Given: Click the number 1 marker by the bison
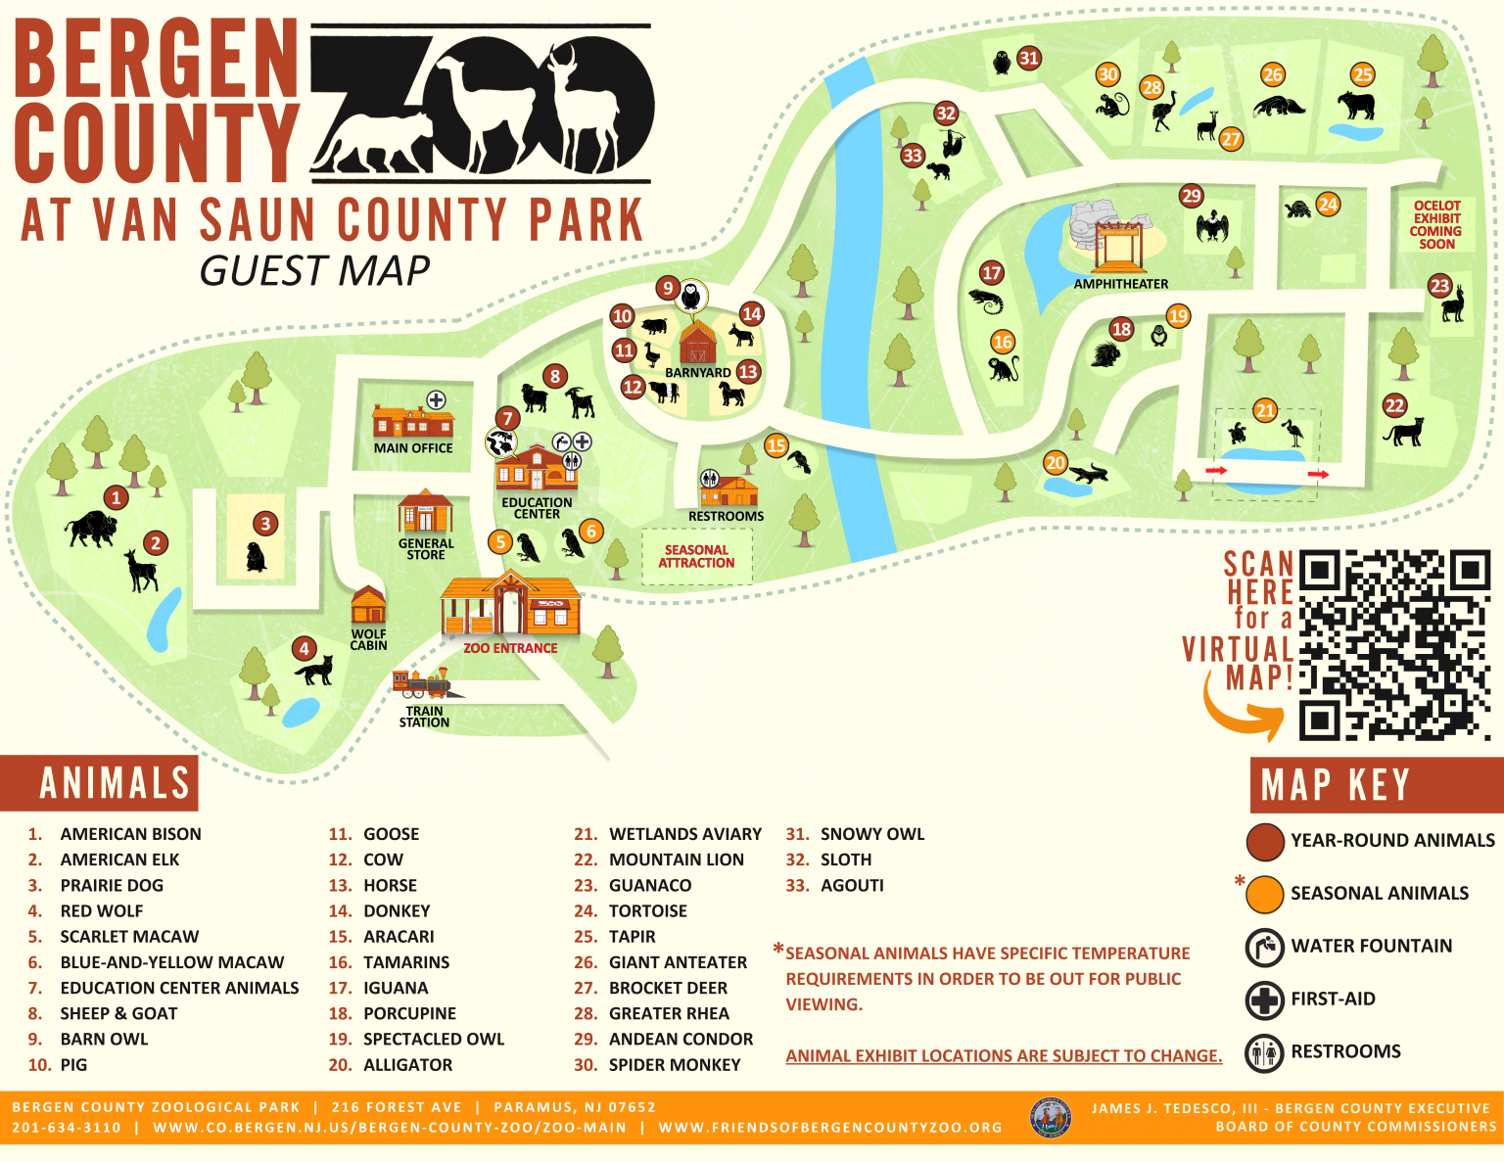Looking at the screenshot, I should point(117,497).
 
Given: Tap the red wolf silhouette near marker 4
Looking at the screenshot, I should point(314,671).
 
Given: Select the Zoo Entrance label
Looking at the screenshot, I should point(510,648).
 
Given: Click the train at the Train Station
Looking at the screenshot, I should point(422,682).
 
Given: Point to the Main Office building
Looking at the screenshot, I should point(412,421).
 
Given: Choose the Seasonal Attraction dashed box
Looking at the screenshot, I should point(696,556).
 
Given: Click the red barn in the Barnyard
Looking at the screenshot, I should point(697,343).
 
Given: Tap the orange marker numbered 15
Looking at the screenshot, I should point(776,446).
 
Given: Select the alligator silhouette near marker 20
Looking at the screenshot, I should point(1087,475).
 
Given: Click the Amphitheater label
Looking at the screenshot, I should point(1121,284).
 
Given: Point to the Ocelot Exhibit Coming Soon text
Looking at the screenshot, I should point(1436,225).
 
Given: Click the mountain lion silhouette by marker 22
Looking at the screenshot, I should point(1404,432).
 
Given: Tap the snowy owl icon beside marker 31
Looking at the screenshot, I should point(1001,63).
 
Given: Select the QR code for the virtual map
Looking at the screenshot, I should point(1394,645).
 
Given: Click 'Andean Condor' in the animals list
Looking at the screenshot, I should point(681,1039).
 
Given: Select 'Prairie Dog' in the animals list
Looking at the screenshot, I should point(112,885).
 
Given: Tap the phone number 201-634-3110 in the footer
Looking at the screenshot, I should point(67,1127).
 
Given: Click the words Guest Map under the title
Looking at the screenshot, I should point(314,271).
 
